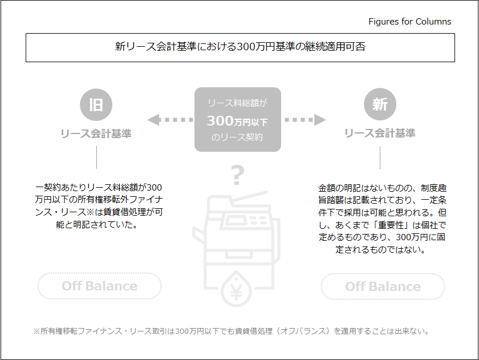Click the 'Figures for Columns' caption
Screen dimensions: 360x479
(409, 22)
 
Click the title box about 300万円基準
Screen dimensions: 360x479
(240, 47)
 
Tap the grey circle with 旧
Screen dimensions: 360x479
(96, 104)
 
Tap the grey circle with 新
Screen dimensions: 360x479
(380, 104)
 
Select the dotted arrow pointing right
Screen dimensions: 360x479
(305, 120)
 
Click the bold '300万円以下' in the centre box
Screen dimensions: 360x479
(237, 121)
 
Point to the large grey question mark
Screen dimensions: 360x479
(237, 175)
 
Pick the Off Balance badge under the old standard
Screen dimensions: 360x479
(100, 286)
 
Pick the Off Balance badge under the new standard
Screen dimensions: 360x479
(383, 286)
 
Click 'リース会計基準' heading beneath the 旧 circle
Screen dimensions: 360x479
(96, 134)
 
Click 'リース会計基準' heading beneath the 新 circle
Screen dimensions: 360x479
(380, 134)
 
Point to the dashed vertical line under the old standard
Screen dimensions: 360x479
(96, 157)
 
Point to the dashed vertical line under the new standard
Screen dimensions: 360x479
(380, 157)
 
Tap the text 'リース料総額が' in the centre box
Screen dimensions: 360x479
(237, 103)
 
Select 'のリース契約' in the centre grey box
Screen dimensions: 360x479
(237, 137)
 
